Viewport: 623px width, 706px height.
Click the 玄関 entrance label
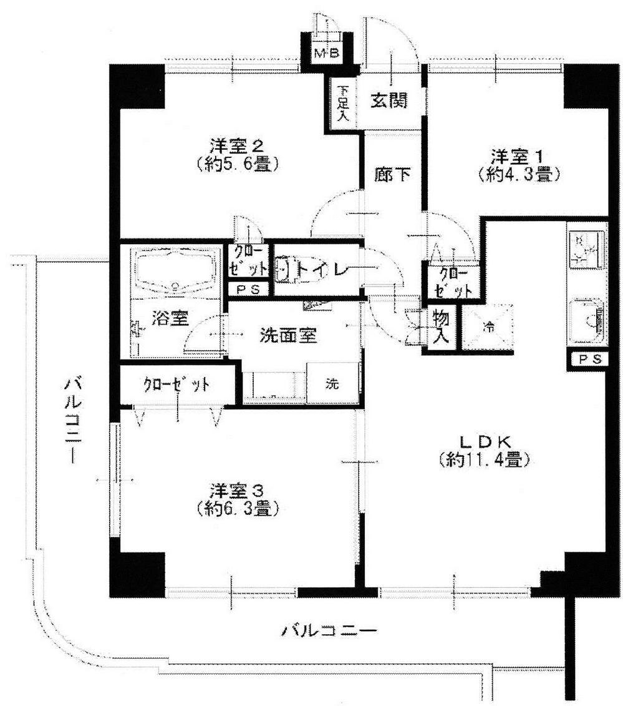pos(390,101)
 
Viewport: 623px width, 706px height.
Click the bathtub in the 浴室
pos(175,270)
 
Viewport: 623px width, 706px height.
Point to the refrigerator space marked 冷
pos(488,326)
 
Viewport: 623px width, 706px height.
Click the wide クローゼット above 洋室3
pos(176,385)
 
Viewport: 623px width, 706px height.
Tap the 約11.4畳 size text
pos(485,461)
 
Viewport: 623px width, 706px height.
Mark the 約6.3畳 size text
pos(236,508)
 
